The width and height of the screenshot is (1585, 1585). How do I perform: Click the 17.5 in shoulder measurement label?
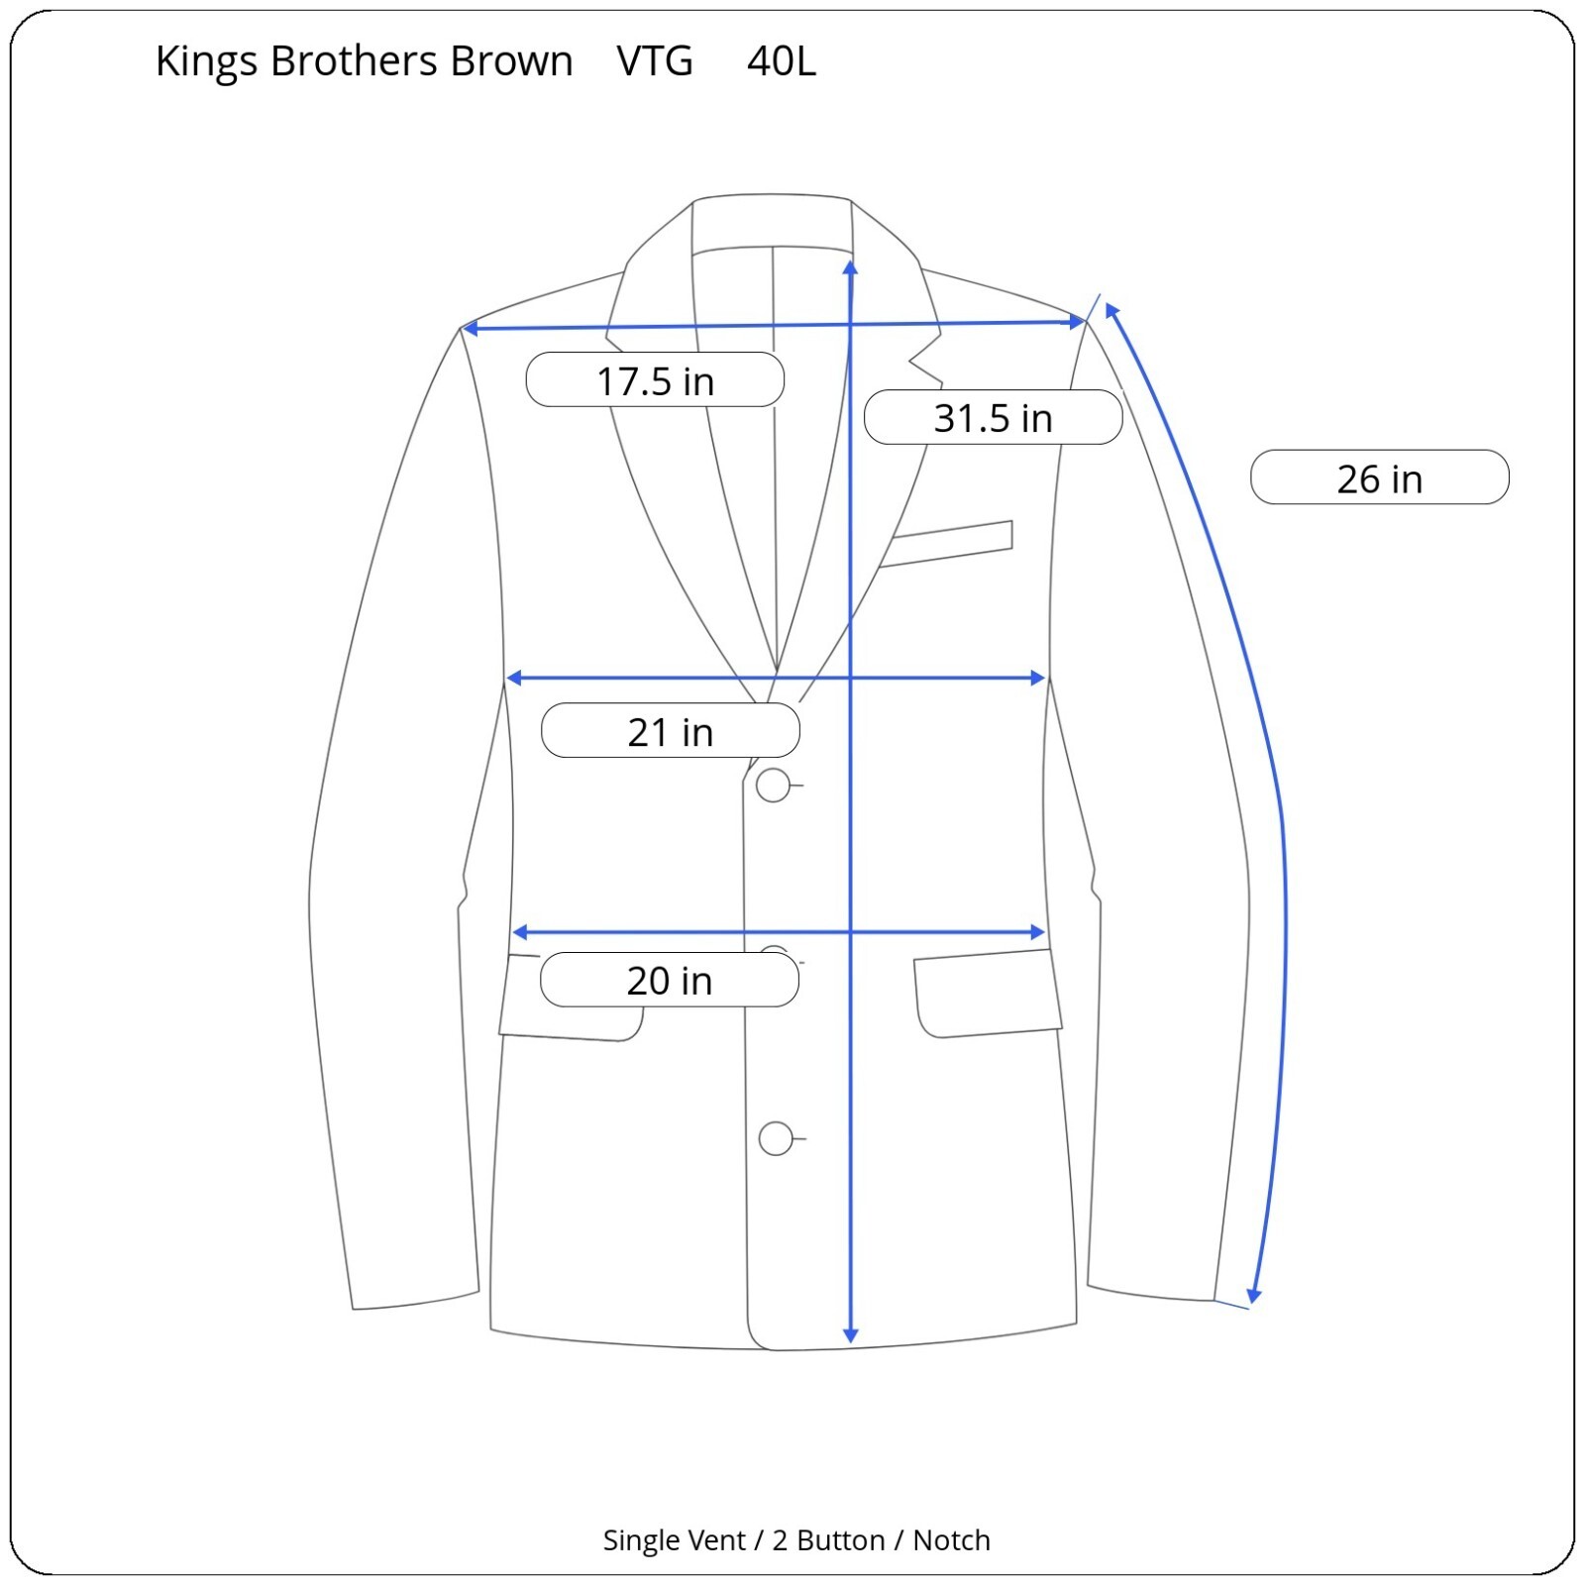coord(655,380)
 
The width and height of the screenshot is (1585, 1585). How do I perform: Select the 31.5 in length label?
coord(993,417)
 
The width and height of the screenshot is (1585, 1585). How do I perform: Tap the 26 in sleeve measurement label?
coord(1379,477)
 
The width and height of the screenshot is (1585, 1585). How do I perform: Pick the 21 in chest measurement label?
coord(671,731)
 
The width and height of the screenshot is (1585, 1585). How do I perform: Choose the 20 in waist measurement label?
coord(670,980)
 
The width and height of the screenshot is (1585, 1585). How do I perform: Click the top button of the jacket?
coord(773,786)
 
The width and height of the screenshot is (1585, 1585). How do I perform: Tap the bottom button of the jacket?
coord(776,1138)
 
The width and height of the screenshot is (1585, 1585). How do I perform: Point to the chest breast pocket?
coord(947,544)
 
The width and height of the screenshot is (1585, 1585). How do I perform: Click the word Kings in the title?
coord(206,61)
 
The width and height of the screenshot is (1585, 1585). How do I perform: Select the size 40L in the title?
coord(782,61)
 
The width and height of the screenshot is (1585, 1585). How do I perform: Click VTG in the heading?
coord(655,61)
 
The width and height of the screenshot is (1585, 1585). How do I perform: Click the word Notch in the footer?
coord(951,1540)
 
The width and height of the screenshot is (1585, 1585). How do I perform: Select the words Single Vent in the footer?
coord(674,1540)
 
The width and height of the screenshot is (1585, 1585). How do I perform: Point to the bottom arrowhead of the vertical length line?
coord(850,1336)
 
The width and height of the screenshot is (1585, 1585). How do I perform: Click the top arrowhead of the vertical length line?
coord(850,266)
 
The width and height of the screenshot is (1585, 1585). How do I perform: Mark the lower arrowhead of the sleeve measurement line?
coord(1254,1297)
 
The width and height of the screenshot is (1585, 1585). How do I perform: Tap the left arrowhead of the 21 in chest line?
coord(513,679)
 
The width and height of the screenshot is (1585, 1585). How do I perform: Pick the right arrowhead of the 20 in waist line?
coord(1039,932)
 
